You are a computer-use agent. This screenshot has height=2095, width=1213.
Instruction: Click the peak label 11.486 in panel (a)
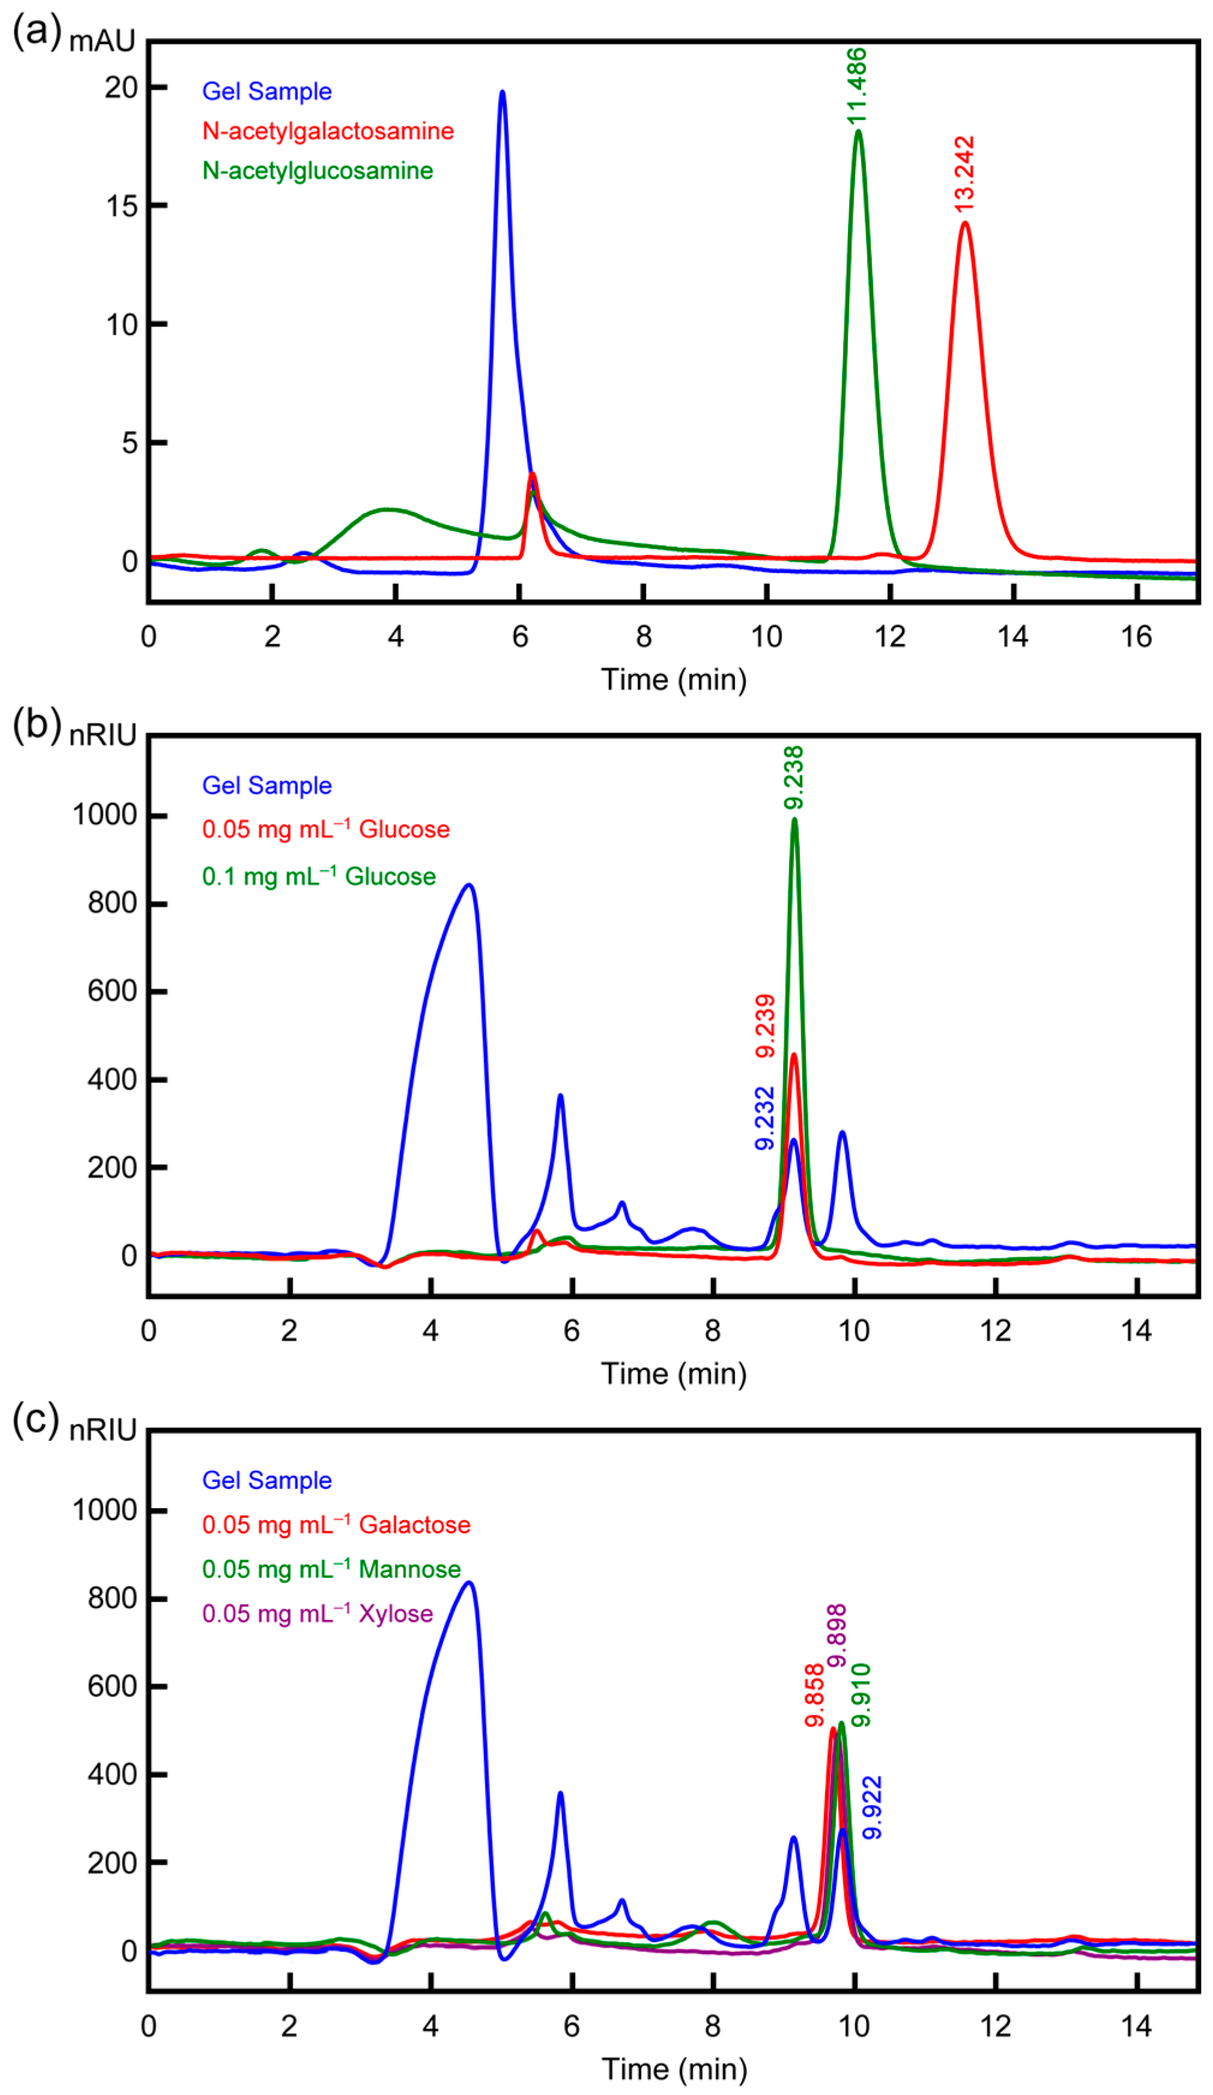click(x=856, y=86)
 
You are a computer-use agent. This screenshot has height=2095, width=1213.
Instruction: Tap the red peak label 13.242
click(x=964, y=174)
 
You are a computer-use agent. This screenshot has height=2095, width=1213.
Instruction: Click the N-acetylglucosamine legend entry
click(x=318, y=171)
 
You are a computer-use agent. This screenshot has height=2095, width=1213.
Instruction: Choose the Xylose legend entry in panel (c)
click(x=318, y=1614)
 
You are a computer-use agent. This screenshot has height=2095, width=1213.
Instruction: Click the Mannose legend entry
click(x=331, y=1569)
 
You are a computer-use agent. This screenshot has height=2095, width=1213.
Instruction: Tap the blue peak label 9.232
click(x=764, y=1118)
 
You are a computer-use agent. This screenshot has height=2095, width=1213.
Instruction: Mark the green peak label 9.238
click(x=794, y=777)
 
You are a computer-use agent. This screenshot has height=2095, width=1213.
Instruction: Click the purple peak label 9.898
click(x=836, y=1636)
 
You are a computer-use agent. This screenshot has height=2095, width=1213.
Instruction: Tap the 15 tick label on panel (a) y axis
click(x=121, y=206)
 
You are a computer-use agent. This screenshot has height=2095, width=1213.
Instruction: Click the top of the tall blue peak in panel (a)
click(x=501, y=92)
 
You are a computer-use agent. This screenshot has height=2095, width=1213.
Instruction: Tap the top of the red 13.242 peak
click(x=964, y=223)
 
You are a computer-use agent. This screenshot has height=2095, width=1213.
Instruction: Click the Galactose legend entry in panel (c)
click(x=336, y=1524)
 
